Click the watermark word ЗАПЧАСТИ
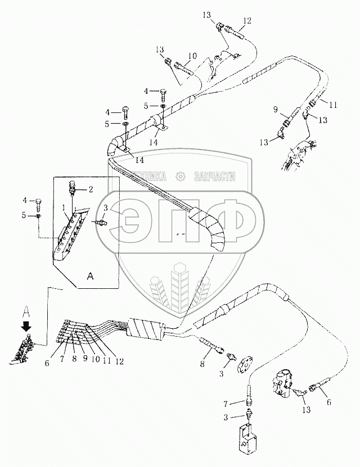click(x=214, y=176)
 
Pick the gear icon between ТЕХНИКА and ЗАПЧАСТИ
click(x=181, y=176)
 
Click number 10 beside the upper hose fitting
click(x=192, y=56)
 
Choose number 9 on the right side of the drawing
click(x=276, y=109)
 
